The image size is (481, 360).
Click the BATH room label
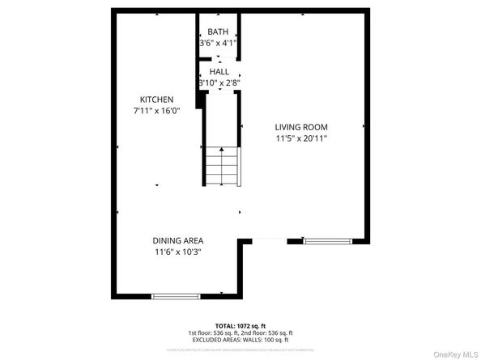(x=218, y=32)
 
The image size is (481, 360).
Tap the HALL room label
(x=219, y=72)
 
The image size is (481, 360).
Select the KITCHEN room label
(x=156, y=100)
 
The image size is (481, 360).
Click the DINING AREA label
(x=178, y=240)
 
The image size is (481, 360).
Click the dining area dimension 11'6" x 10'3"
(x=178, y=252)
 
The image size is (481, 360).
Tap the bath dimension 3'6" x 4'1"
(x=218, y=44)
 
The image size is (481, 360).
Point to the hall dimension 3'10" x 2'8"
(x=219, y=83)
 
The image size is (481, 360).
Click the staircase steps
(x=220, y=167)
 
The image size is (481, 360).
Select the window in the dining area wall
(x=176, y=296)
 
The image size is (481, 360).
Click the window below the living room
(x=327, y=240)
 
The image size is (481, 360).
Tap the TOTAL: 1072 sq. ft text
(x=240, y=325)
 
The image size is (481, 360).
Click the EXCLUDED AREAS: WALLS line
(x=240, y=339)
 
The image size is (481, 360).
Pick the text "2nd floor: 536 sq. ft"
(x=268, y=332)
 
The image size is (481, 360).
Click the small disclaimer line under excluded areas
(x=240, y=349)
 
